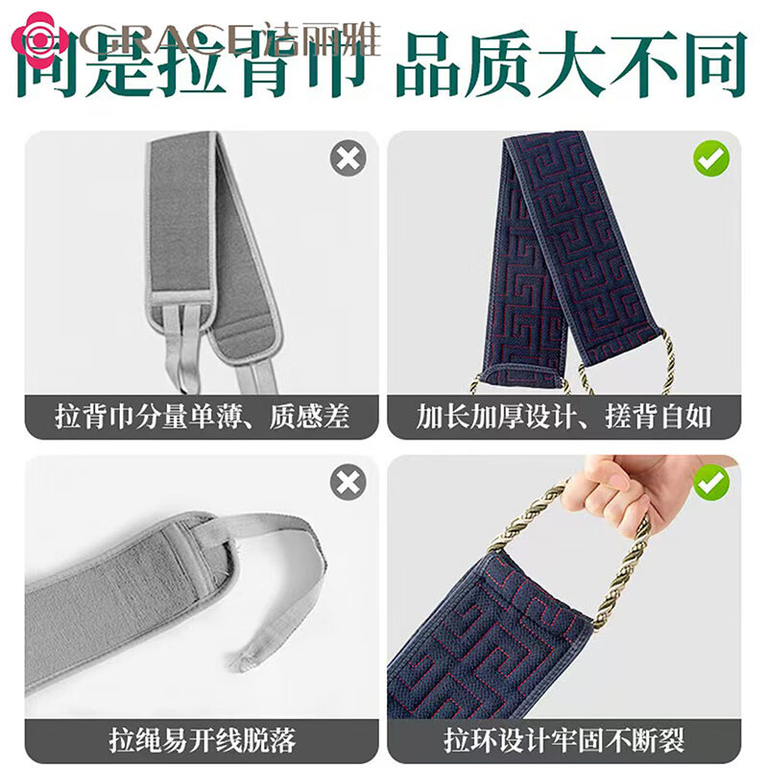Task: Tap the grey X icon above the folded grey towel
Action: click(x=348, y=157)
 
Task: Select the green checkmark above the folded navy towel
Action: click(x=711, y=157)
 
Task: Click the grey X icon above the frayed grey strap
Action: click(x=348, y=482)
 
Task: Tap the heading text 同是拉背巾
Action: click(x=192, y=65)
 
